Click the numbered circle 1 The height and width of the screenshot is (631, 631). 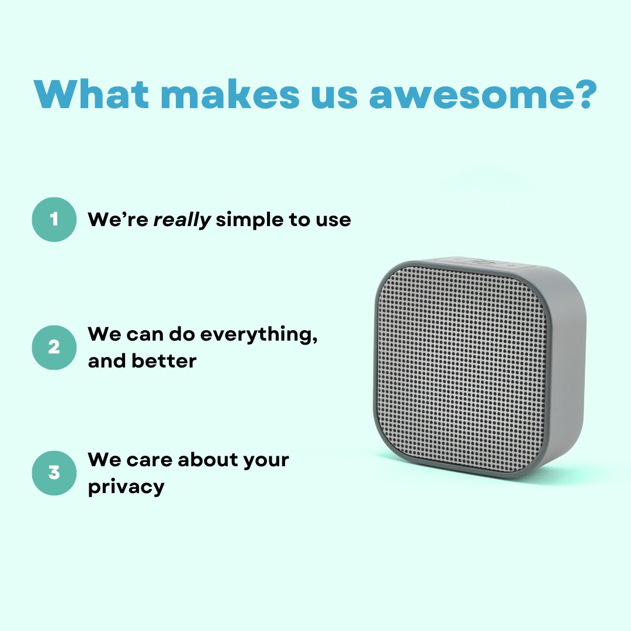[54, 219]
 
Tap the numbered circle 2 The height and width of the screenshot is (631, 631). [54, 348]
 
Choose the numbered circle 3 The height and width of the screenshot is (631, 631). [54, 473]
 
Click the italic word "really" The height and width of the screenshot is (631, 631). [182, 220]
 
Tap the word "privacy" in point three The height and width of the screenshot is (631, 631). [126, 487]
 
